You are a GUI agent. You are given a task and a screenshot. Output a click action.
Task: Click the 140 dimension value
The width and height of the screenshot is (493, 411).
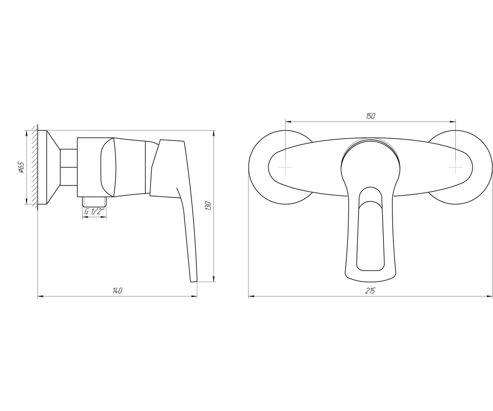[117, 291]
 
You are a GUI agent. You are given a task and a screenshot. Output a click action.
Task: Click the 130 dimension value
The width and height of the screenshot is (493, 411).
[208, 206]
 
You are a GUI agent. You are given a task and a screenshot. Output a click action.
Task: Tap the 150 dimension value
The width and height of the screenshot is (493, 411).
[370, 116]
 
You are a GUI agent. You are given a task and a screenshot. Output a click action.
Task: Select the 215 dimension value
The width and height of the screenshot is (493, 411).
[370, 291]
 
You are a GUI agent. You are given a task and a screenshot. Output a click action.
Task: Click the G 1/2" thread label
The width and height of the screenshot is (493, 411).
[94, 212]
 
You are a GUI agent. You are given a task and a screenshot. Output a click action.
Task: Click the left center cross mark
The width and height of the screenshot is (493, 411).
[286, 167]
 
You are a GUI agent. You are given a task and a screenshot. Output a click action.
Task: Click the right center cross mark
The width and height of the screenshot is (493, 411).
[455, 167]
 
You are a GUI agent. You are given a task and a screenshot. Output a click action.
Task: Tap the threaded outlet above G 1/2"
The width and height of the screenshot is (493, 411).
[94, 201]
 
